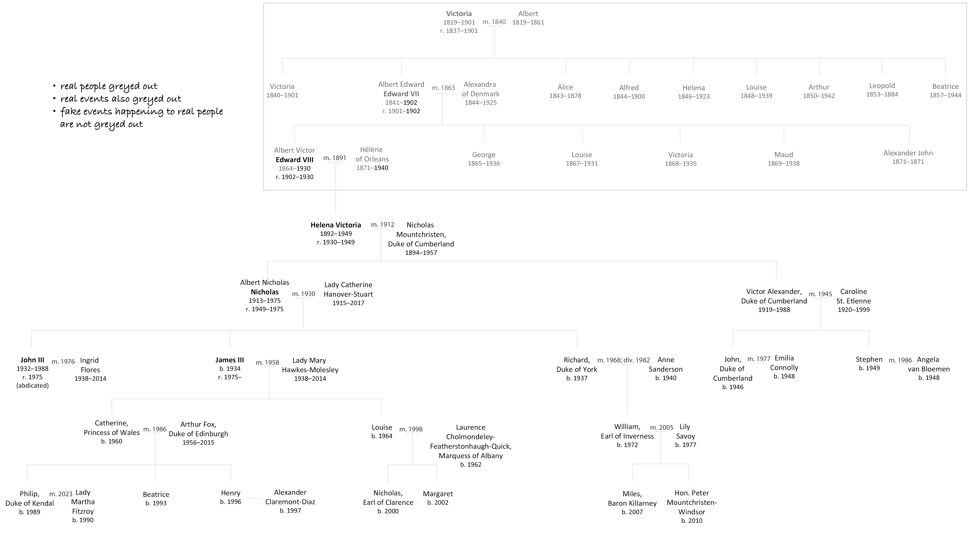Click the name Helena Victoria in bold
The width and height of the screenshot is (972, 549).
tap(336, 225)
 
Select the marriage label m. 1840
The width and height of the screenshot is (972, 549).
tap(494, 22)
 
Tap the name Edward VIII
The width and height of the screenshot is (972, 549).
tap(294, 159)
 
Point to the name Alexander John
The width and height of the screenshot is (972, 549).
tap(908, 153)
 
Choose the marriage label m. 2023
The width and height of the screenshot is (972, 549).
tap(61, 494)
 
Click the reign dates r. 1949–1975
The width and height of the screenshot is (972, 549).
tap(265, 309)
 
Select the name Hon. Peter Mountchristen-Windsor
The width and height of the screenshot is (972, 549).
tap(692, 502)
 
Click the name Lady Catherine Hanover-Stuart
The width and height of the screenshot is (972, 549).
tap(348, 289)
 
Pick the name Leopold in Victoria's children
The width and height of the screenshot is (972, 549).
tap(882, 86)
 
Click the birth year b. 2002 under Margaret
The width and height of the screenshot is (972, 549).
tap(438, 503)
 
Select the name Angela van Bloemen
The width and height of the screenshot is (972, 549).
tap(929, 364)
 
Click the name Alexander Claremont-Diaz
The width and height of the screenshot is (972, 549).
tap(290, 497)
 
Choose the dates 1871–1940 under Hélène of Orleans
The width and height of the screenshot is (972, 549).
tap(372, 168)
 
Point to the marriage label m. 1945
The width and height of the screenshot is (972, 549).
tap(820, 294)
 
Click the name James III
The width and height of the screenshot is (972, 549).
tap(230, 360)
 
